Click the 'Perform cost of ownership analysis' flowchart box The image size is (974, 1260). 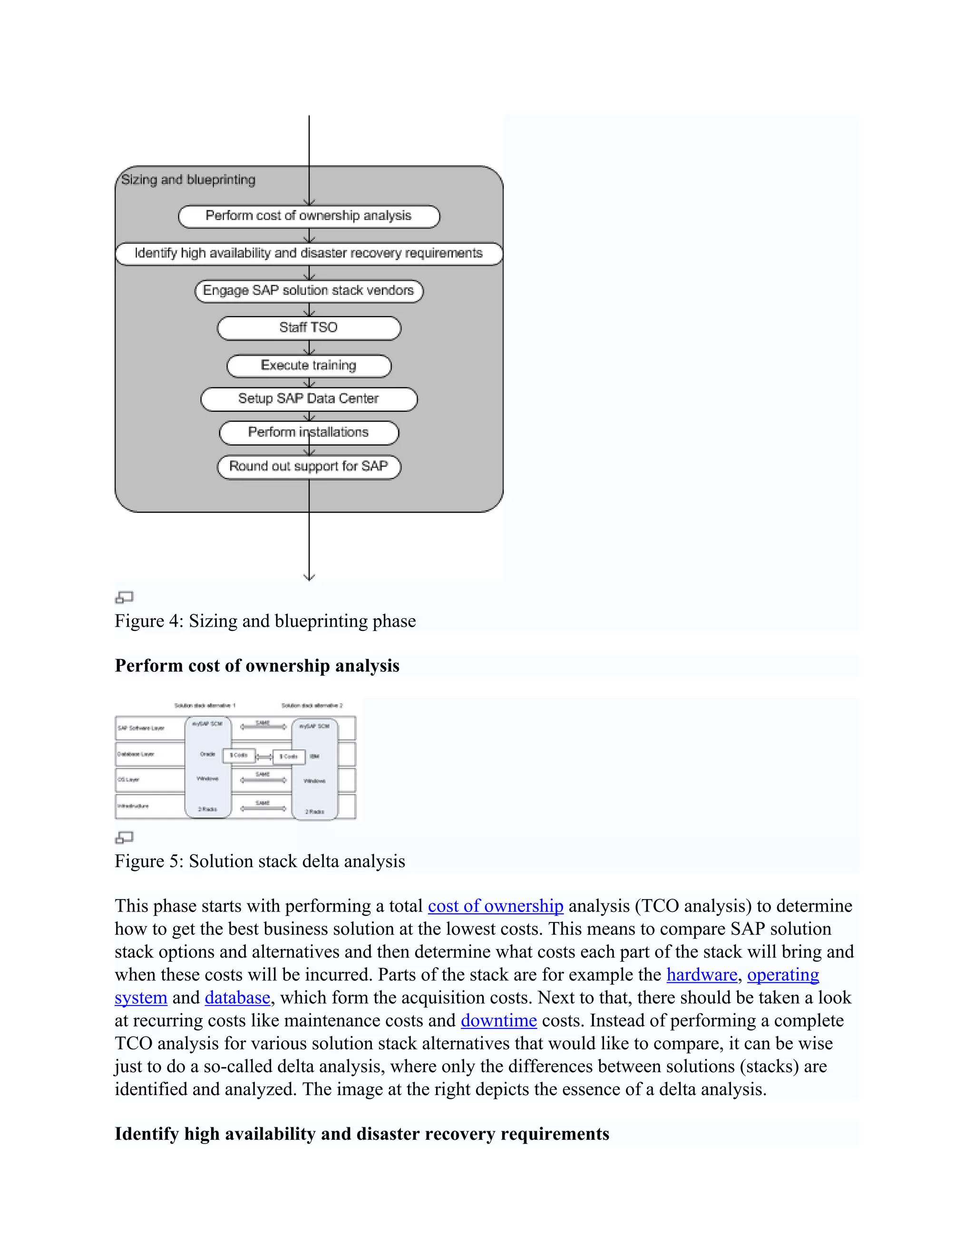(x=309, y=216)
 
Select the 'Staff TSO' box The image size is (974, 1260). (x=309, y=328)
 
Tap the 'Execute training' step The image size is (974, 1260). (x=309, y=366)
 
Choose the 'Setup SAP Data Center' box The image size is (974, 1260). (x=309, y=398)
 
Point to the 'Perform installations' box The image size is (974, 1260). (x=309, y=433)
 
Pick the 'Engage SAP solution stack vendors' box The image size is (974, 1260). (x=309, y=290)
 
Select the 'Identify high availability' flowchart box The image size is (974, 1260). (x=309, y=253)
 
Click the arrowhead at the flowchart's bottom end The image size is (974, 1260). (x=309, y=576)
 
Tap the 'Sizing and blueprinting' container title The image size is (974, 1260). (x=188, y=179)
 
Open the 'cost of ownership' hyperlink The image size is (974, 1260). (x=495, y=906)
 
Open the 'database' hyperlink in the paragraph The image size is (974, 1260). (x=237, y=998)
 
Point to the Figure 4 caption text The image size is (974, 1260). (x=265, y=621)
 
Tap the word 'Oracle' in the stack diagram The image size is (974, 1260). (x=207, y=754)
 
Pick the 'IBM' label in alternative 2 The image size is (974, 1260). (x=314, y=756)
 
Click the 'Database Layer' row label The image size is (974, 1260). (x=136, y=754)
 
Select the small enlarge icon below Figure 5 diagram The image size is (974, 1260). (x=125, y=837)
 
